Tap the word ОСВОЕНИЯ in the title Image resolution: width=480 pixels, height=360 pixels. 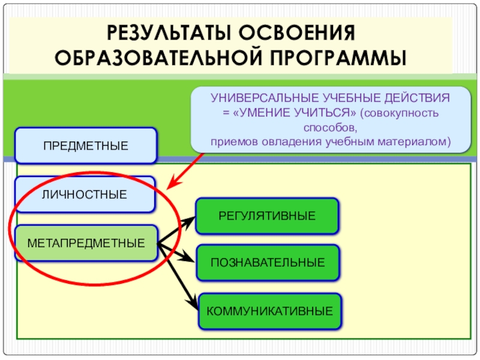click(x=300, y=33)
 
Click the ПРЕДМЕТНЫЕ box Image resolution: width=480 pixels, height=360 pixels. click(x=85, y=145)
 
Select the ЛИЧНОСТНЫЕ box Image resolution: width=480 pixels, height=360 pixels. click(x=85, y=194)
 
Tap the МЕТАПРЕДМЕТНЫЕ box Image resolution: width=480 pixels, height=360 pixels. click(x=86, y=243)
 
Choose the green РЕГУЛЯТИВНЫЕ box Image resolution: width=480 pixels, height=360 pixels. click(x=268, y=216)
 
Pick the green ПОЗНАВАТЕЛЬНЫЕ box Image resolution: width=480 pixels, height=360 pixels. click(x=268, y=262)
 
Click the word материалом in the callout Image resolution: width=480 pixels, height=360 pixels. click(x=416, y=142)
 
